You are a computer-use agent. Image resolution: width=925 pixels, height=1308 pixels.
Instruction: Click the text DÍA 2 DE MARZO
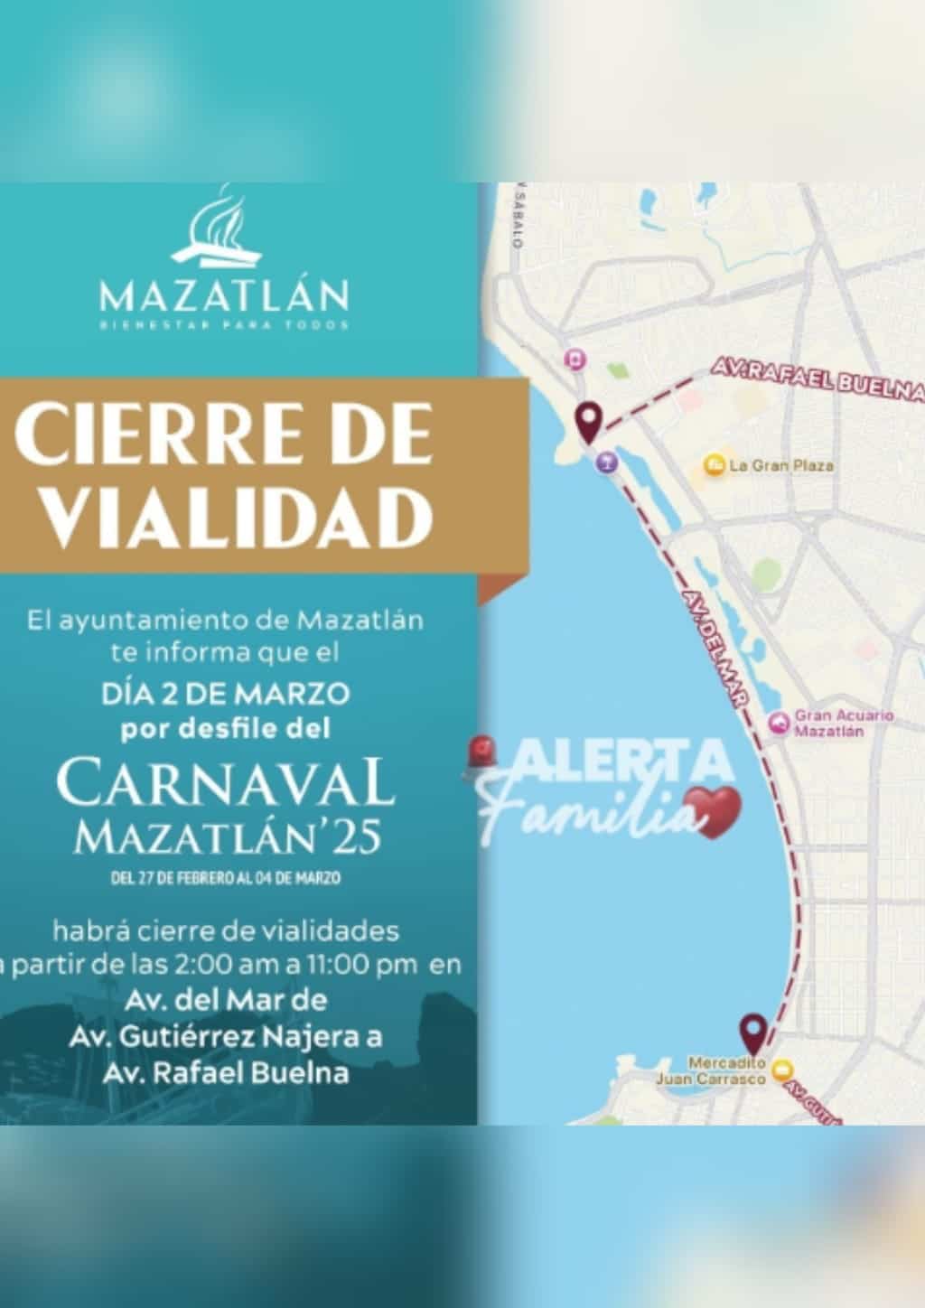click(225, 694)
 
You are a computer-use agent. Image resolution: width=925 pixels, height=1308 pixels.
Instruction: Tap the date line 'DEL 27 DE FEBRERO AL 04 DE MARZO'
click(225, 877)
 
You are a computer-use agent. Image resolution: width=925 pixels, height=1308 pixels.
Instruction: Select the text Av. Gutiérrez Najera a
click(225, 1037)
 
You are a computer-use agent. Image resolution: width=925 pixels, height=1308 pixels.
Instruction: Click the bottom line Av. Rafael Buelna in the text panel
click(225, 1073)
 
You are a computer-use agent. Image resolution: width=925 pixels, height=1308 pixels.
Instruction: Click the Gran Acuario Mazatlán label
click(842, 723)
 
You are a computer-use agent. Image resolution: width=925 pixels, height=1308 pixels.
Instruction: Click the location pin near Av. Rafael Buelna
click(590, 420)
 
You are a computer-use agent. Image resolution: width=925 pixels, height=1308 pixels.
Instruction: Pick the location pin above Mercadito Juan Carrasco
click(752, 1032)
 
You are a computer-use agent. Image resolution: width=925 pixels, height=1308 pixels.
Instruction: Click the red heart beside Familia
click(713, 808)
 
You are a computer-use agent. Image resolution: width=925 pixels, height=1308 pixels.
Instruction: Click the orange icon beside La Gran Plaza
click(715, 465)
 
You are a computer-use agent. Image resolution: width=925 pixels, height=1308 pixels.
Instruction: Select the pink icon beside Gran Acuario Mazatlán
click(778, 723)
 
